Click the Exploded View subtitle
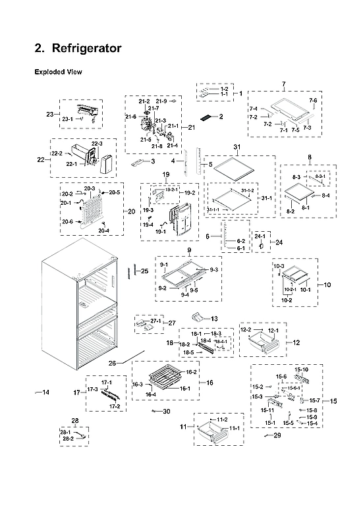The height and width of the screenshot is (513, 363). coord(58,72)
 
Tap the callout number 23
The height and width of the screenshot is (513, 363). coord(49,115)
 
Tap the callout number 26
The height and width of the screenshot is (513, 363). coord(113,364)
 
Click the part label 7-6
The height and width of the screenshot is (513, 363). coord(313,100)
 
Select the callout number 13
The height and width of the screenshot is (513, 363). coord(214,318)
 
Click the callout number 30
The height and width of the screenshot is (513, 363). coord(166,412)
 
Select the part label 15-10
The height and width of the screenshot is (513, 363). coord(301,370)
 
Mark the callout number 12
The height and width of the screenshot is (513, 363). coord(296,342)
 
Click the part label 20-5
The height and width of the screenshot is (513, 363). coord(115,192)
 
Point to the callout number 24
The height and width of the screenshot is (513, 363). coord(279,242)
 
